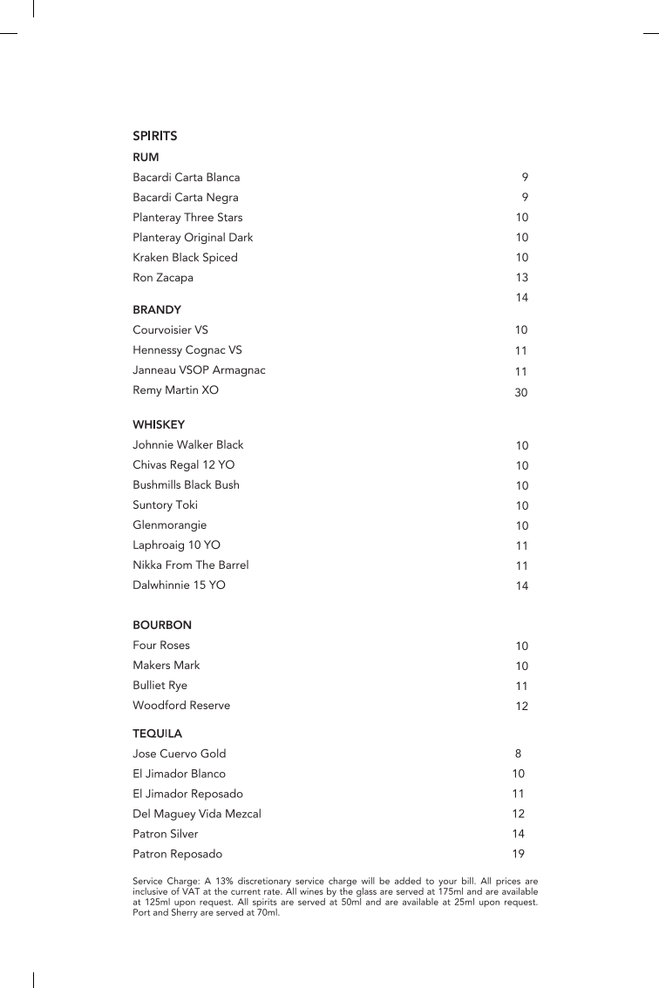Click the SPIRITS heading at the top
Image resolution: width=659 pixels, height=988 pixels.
point(155,136)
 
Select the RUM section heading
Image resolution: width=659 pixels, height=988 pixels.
point(146,157)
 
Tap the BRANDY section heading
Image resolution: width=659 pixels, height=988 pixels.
point(157,309)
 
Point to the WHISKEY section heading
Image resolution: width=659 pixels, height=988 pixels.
point(159,424)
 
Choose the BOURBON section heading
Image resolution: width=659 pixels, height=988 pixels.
point(162,625)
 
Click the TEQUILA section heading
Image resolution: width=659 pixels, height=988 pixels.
point(157,734)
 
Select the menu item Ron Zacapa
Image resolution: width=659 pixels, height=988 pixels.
point(163,278)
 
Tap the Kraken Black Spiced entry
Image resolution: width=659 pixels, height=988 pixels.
point(185,258)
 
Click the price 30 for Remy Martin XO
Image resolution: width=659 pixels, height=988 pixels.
point(521,393)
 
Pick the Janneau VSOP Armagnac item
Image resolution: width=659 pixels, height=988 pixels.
point(199,370)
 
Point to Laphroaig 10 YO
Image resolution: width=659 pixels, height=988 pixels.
point(176,545)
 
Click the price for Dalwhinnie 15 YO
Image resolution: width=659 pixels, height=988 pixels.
point(521,586)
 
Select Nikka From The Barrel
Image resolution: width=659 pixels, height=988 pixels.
point(190,565)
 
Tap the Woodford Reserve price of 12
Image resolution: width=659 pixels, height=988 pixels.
point(521,707)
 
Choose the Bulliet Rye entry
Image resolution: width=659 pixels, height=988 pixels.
point(160,686)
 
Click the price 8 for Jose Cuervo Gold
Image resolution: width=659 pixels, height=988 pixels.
point(518,754)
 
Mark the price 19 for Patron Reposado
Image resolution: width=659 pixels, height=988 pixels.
point(518,855)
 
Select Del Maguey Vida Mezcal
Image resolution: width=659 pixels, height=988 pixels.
point(196,814)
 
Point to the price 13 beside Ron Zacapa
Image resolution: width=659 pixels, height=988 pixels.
point(521,278)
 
